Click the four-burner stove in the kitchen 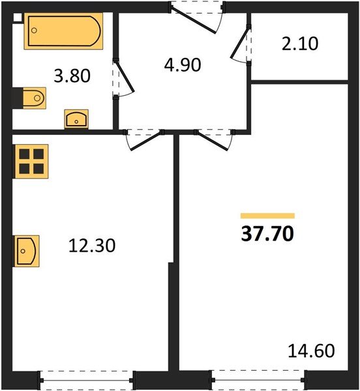tap(31, 160)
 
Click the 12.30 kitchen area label tap(92, 246)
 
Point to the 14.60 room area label tap(311, 351)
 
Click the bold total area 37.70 tap(267, 234)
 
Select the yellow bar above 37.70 tap(267, 216)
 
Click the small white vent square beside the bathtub tap(18, 19)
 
